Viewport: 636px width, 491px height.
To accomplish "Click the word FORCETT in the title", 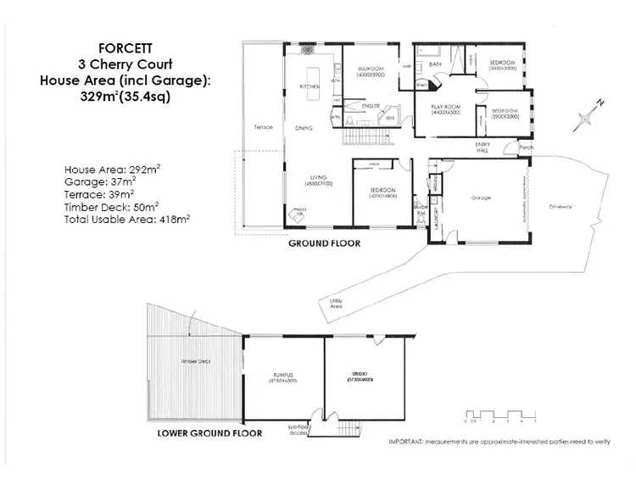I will pyautogui.click(x=119, y=49).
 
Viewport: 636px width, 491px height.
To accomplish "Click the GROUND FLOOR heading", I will pyautogui.click(x=324, y=243).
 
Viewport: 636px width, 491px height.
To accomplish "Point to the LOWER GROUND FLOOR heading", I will pyautogui.click(x=209, y=432).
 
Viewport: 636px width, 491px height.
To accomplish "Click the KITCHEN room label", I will pyautogui.click(x=310, y=87).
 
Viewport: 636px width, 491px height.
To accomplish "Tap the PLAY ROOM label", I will pyautogui.click(x=445, y=107).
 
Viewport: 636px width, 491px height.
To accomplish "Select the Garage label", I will pyautogui.click(x=483, y=198).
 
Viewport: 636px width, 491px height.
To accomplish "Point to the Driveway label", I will pyautogui.click(x=561, y=206).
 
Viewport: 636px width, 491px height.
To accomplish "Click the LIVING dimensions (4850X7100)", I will pyautogui.click(x=319, y=183).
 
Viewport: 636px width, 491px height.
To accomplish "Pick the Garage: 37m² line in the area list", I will pyautogui.click(x=100, y=181).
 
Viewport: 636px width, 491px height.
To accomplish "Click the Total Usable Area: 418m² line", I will pyautogui.click(x=126, y=218).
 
